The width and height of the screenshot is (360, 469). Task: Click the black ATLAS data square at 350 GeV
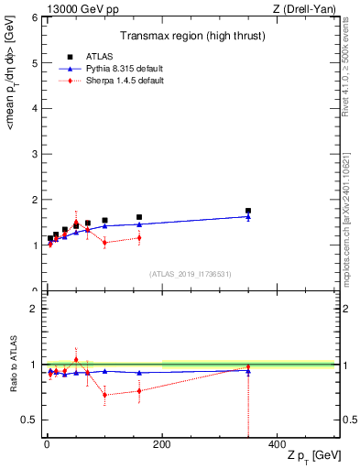[248, 211]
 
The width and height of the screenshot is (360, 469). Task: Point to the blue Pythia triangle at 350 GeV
[248, 217]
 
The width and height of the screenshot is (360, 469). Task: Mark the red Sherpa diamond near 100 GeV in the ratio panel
[104, 395]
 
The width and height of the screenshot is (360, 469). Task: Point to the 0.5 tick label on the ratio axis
[30, 420]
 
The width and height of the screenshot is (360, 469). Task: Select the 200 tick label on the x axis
[162, 444]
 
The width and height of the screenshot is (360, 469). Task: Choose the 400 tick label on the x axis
[278, 444]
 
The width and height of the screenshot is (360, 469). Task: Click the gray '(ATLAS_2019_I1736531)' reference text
[190, 273]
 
